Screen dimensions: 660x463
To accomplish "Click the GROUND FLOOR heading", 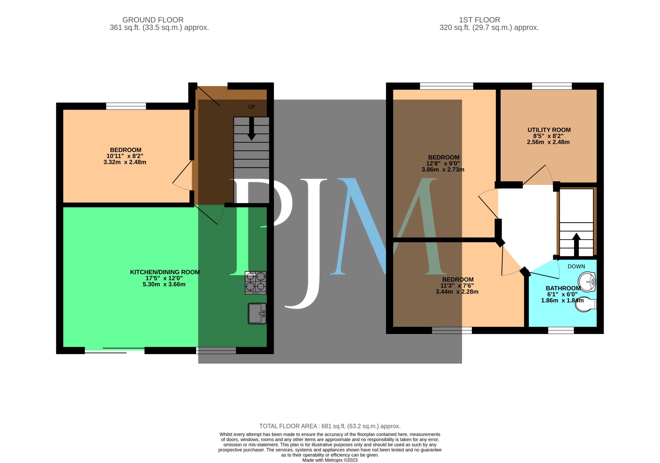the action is pos(153,20).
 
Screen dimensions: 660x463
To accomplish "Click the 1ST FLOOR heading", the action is pos(479,20).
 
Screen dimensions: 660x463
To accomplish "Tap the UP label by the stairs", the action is pos(252,107).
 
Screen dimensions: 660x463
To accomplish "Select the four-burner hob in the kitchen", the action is pos(255,283).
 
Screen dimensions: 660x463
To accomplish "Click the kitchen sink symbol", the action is pos(257,313).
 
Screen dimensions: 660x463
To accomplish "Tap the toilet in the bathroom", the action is pos(585,304).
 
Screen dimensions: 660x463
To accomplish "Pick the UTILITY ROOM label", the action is pos(549,130).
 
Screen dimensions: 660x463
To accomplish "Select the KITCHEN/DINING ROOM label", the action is pos(165,272).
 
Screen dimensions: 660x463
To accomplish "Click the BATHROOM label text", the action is pos(563,288).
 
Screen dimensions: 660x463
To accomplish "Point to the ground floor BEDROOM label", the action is pos(126,150).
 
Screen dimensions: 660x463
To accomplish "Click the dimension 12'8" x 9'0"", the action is pos(443,163).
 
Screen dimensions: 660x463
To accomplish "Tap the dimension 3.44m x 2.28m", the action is pos(457,292).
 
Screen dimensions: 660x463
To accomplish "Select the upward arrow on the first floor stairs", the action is pos(576,245).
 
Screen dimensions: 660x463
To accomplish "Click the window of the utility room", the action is pos(552,86).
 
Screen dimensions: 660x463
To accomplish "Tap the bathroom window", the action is pos(561,330).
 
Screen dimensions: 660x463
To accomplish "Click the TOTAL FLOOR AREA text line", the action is pos(330,426).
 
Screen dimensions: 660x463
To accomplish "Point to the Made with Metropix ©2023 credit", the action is pos(330,460).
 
